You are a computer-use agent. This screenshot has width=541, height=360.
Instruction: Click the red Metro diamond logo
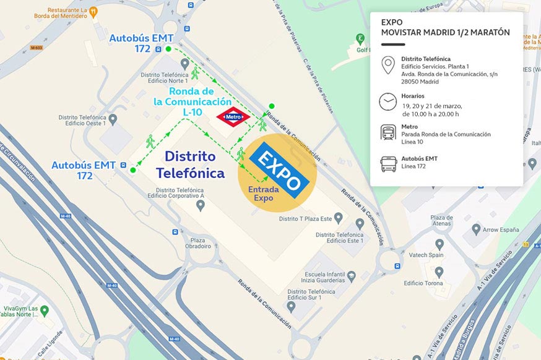tap(233, 116)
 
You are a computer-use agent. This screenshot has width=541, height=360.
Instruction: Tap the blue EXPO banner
tap(279, 169)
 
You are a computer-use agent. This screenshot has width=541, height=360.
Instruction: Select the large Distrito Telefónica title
tap(191, 165)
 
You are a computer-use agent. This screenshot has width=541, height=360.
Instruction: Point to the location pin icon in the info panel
tap(388, 64)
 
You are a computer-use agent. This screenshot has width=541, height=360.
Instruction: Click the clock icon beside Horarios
tap(388, 101)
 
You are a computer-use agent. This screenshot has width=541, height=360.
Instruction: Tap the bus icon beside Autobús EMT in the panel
tap(388, 164)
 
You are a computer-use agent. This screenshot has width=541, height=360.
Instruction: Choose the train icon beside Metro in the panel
tap(388, 132)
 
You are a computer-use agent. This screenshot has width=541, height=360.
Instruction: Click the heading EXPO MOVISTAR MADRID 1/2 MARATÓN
tap(446, 28)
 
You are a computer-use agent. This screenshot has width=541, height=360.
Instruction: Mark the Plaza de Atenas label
tap(441, 221)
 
